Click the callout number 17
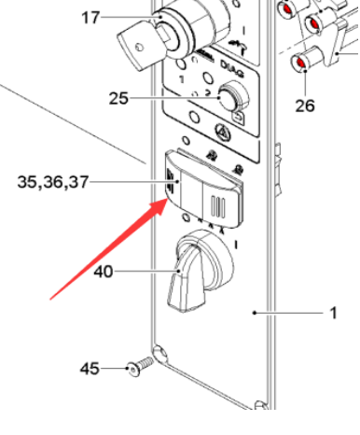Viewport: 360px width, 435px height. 90,18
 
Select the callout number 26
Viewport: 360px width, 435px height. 305,105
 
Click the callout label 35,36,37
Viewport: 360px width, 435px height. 53,182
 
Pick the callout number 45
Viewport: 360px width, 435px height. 89,369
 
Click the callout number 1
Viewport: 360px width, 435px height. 333,314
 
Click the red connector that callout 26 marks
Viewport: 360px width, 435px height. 301,63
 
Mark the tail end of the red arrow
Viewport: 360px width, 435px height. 51,297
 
